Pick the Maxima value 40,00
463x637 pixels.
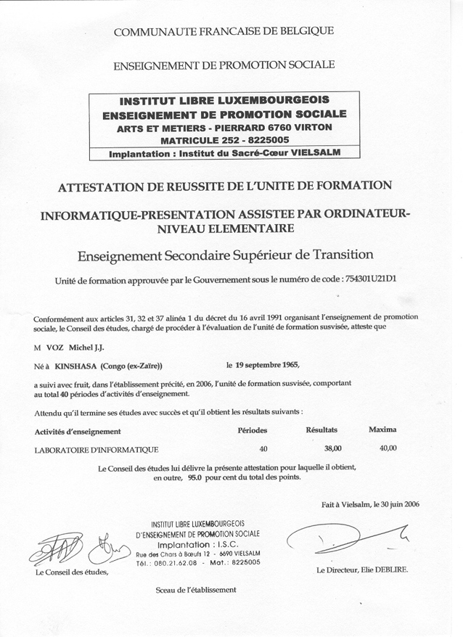[x=388, y=448]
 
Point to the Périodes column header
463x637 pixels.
[x=253, y=430]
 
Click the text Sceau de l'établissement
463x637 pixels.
[x=196, y=590]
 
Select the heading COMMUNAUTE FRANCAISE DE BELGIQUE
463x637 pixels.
[x=224, y=30]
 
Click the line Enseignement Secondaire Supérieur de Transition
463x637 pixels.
[x=224, y=255]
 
